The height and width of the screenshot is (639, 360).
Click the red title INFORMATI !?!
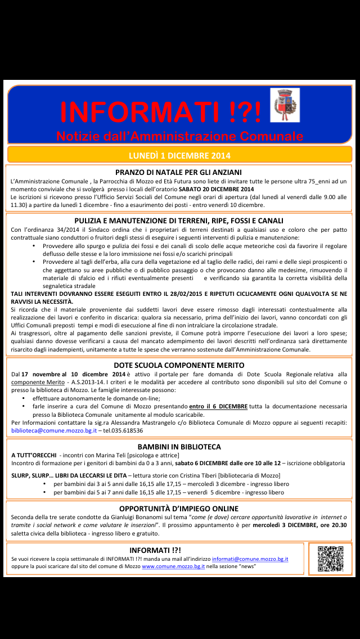[x=161, y=111]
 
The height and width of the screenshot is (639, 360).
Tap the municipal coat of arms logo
[x=285, y=105]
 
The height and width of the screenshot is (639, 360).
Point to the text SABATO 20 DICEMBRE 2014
[x=220, y=190]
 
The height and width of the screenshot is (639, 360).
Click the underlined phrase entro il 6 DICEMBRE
[x=218, y=406]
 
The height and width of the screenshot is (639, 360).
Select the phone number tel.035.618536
[x=122, y=430]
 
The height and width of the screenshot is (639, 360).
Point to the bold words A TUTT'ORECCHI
[x=34, y=455]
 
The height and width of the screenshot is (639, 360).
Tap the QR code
[x=330, y=559]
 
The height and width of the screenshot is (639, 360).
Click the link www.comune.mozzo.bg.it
[x=173, y=566]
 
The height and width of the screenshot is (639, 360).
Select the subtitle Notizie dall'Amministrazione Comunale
[x=179, y=136]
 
